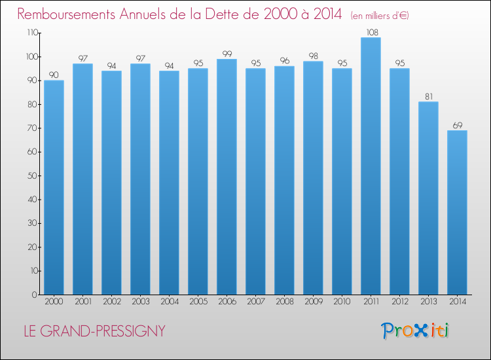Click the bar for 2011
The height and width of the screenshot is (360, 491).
point(371,167)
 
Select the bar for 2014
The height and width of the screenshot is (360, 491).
point(457,213)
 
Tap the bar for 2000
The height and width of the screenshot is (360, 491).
point(54,188)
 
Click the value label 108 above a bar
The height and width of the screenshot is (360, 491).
point(371,31)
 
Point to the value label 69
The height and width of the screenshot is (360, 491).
point(457,124)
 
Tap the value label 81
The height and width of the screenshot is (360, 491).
point(428,96)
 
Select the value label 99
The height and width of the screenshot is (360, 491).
point(227,53)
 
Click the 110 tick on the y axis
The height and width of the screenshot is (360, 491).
point(31,33)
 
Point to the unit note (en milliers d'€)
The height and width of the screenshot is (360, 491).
point(379,15)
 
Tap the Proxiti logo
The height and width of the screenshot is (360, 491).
point(416,331)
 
